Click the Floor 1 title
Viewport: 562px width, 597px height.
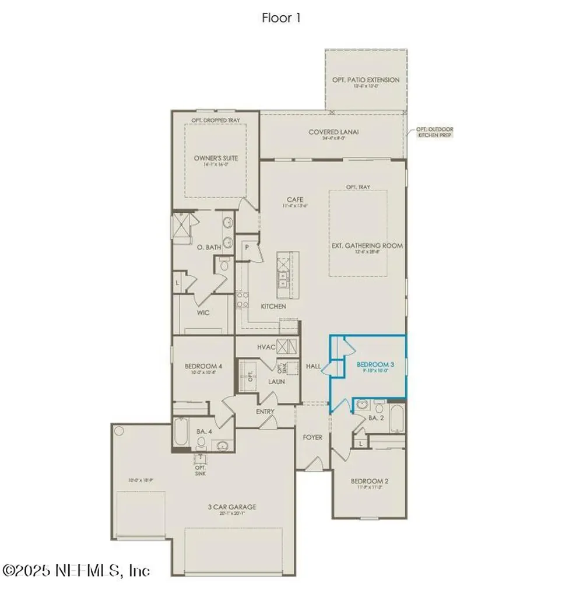(x=281, y=18)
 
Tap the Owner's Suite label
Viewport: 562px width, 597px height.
(x=216, y=158)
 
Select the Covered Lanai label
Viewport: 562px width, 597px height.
(x=333, y=132)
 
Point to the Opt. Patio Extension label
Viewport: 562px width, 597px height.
(x=366, y=80)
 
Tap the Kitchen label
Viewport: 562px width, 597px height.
(x=273, y=306)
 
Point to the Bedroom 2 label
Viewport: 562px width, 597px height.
(x=370, y=481)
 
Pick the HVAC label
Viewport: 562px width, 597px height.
(x=266, y=347)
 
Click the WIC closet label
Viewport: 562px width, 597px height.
(x=203, y=312)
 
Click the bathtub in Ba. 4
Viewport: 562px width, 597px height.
(x=180, y=434)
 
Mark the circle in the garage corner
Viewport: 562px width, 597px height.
(x=120, y=431)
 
